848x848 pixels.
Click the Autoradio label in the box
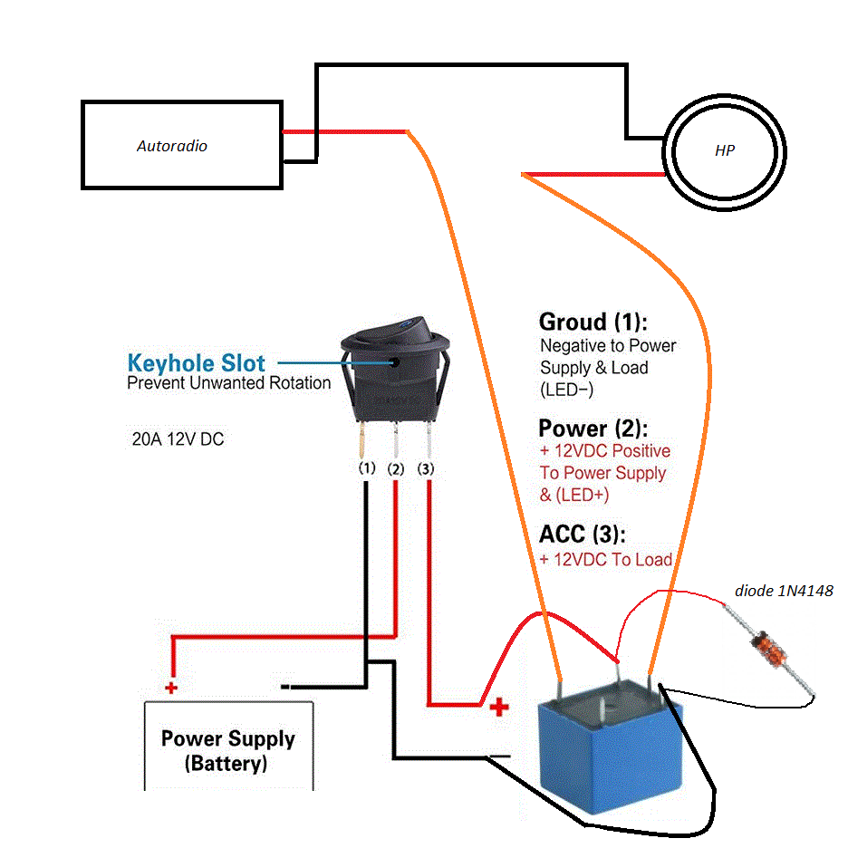coord(172,145)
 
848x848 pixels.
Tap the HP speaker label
coord(725,151)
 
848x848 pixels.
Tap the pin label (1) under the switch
coord(366,469)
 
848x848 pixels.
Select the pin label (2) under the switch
coord(396,469)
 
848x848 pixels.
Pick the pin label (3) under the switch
coord(427,469)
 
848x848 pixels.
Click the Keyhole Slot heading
coord(197,363)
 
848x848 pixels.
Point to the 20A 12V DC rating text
coord(178,440)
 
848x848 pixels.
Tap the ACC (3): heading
coord(582,534)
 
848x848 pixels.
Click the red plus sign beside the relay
coord(499,708)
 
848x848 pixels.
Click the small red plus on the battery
coord(171,688)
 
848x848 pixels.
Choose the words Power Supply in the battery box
coord(228,738)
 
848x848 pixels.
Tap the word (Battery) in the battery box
coord(226,764)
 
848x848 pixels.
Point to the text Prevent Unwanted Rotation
coord(229,383)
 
